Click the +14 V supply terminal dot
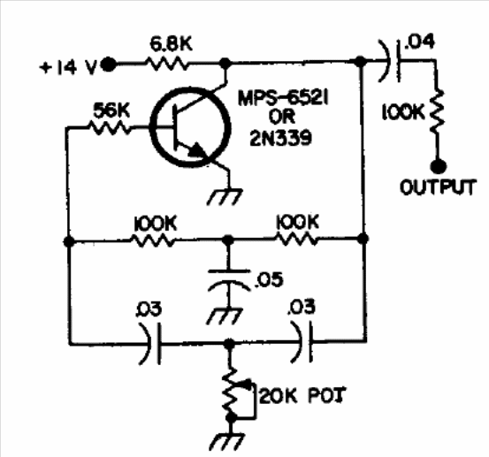(x=108, y=65)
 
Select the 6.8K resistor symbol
(x=167, y=65)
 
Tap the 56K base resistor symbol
(x=110, y=127)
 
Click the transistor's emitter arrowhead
(x=197, y=149)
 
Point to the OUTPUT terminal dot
(x=439, y=166)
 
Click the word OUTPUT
(x=439, y=187)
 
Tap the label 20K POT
(x=302, y=396)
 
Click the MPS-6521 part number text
(x=283, y=98)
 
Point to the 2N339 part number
(x=280, y=138)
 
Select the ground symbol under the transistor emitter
(x=225, y=196)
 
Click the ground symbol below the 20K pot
(x=226, y=441)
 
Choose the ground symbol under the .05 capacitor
(x=225, y=316)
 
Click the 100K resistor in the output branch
(x=438, y=111)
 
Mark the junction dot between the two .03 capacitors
(x=230, y=344)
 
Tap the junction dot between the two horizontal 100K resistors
(x=228, y=240)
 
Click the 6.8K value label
(x=172, y=44)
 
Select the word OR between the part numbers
(x=282, y=118)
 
